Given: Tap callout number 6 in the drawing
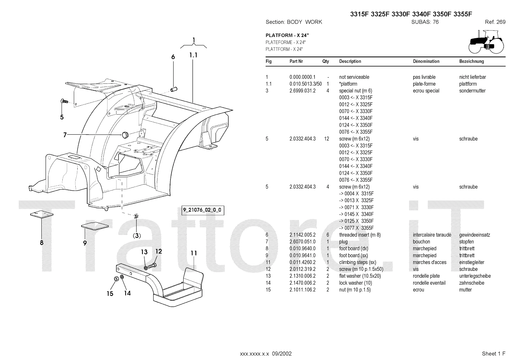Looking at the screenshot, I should tap(173, 57).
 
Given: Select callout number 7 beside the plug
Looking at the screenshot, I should tap(65, 135).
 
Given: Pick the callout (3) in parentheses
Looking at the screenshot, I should tap(137, 236).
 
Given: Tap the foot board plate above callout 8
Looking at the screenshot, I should tap(42, 215).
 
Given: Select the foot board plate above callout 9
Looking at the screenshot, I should tap(95, 226).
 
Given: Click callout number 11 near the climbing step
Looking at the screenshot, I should tap(194, 253).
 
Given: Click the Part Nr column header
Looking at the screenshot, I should tap(296, 61).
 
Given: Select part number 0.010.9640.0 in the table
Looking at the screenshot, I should tap(302, 249).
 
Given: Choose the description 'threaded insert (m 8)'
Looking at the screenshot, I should tap(360, 235).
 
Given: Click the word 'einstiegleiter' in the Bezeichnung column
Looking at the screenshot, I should tap(471, 262).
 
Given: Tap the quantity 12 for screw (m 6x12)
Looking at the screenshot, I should tap(326, 139).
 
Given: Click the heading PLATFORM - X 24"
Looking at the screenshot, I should tap(287, 35).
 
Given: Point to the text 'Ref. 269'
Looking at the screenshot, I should tap(495, 22).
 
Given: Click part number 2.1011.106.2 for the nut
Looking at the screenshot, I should tap(302, 290).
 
